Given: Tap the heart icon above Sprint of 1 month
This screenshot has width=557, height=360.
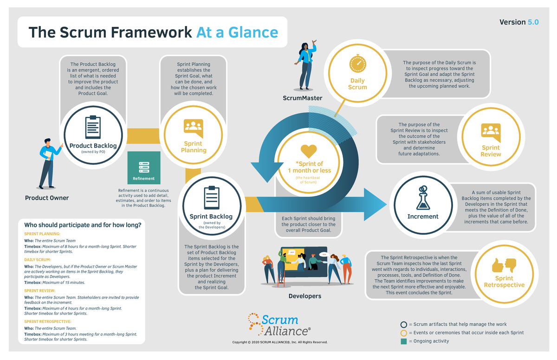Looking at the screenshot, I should pyautogui.click(x=308, y=150).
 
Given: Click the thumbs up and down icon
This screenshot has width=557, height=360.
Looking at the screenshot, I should pyautogui.click(x=504, y=265).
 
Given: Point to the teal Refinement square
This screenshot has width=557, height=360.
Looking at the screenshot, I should pyautogui.click(x=144, y=167).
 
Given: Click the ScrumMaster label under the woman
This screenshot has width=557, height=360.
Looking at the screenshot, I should pyautogui.click(x=302, y=98).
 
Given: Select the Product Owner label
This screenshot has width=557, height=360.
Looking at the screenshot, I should pyautogui.click(x=47, y=198).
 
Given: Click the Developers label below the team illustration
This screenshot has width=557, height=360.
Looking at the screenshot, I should pyautogui.click(x=305, y=296).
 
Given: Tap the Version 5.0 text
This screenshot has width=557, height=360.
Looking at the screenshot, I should pyautogui.click(x=519, y=22).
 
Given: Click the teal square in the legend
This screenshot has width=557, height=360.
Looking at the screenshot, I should pyautogui.click(x=403, y=341).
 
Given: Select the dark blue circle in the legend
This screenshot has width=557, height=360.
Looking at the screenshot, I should pyautogui.click(x=403, y=324).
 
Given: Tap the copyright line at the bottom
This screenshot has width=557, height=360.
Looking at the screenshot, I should pyautogui.click(x=280, y=342).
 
